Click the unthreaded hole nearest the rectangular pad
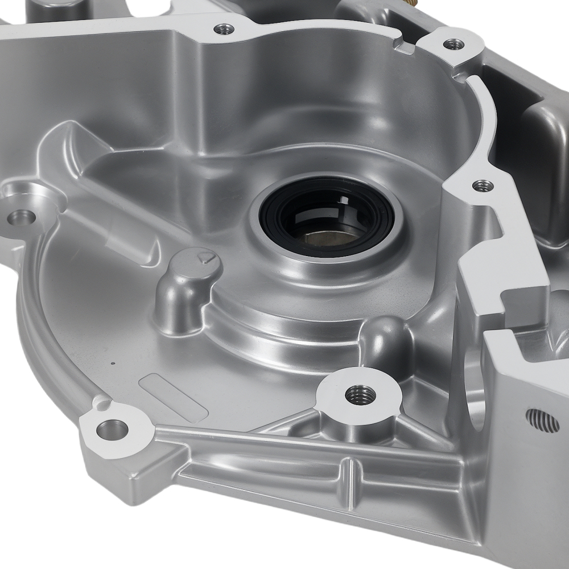[112, 429]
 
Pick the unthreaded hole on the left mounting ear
[23, 217]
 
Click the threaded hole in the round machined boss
[360, 394]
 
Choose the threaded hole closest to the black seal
[483, 185]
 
